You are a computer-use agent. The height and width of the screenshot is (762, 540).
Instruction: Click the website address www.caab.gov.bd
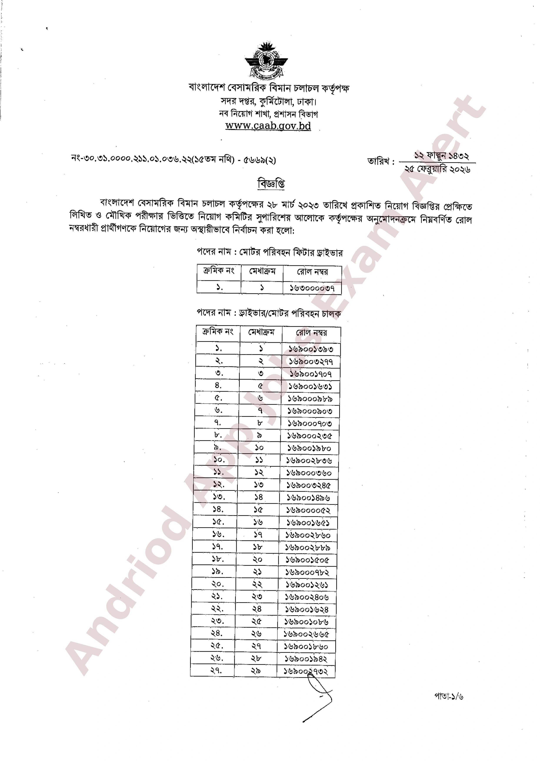point(268,126)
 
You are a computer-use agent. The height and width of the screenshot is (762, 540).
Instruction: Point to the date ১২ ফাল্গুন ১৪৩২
point(441,156)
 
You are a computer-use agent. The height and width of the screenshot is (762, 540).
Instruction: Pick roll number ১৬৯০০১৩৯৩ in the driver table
point(311,349)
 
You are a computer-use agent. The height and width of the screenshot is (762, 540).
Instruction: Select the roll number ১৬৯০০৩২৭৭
point(311,361)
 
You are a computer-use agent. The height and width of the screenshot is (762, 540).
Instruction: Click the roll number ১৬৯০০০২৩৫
point(310,436)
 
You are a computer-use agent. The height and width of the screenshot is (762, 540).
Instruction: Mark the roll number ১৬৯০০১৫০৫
point(308,560)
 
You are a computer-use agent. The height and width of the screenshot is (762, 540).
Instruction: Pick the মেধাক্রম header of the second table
point(261,332)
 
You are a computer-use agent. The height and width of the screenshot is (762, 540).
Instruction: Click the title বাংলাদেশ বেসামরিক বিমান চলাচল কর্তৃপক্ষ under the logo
point(269,88)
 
